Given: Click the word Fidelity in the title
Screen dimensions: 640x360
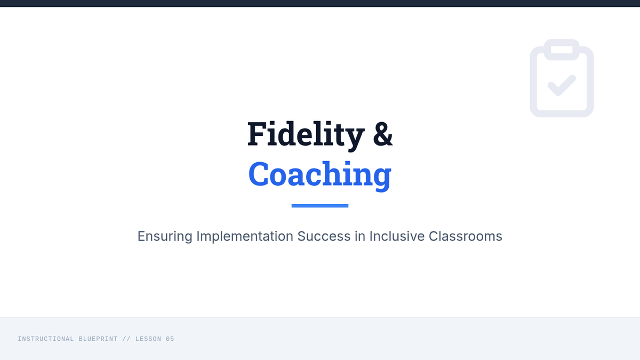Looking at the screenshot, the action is point(306,135).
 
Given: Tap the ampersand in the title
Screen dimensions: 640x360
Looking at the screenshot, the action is point(383,134).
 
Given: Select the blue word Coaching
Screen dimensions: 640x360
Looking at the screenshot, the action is point(319,175).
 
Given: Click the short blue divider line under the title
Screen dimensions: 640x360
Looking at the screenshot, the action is point(320,206).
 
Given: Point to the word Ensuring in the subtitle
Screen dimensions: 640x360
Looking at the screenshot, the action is point(165,237).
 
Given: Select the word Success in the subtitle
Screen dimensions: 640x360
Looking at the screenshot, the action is point(324,236).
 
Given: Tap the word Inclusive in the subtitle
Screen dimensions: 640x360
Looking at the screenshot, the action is point(397,236).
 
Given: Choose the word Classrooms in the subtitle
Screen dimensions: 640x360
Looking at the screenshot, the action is point(465,236).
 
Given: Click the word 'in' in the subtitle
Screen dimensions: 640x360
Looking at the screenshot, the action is point(360,236).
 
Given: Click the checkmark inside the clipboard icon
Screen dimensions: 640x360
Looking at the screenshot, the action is point(562,85).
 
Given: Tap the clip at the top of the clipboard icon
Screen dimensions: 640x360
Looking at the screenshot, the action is point(562,50).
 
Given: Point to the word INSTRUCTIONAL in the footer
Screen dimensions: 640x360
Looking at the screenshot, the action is point(46,339).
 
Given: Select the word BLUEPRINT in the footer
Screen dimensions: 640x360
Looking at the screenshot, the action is point(98,339).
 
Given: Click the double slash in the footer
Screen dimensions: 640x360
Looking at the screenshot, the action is point(126,339).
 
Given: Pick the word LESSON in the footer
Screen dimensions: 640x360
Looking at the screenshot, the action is point(148,339).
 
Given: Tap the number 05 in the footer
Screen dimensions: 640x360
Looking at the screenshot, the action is point(170,339).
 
